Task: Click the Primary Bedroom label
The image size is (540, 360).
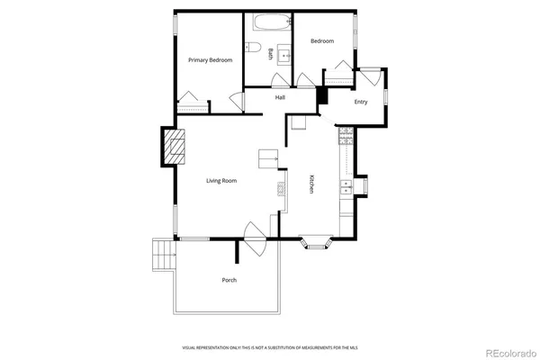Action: (x=210, y=60)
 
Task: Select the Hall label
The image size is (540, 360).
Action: (x=280, y=97)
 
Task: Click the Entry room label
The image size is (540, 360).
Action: (x=361, y=102)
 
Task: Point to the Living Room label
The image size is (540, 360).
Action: (x=221, y=181)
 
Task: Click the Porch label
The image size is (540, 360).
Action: (x=229, y=280)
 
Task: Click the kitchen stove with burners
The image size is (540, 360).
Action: (x=345, y=137)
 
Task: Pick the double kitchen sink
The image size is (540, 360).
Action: (x=346, y=187)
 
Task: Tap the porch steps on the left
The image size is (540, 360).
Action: (x=162, y=254)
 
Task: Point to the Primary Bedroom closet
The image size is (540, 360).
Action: (x=191, y=100)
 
